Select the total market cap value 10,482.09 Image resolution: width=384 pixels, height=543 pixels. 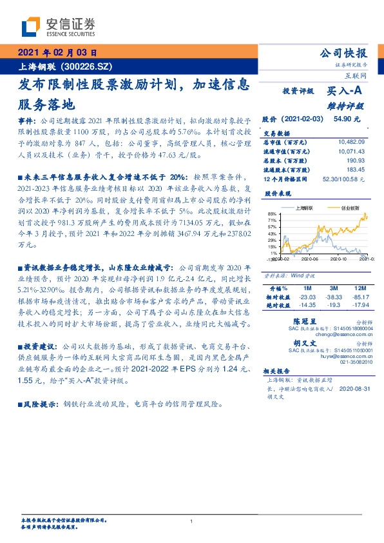pyautogui.click(x=351, y=141)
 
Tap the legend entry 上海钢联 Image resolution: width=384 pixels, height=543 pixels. pyautogui.click(x=303, y=208)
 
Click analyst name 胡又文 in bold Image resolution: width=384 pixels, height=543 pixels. pyautogui.click(x=305, y=344)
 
